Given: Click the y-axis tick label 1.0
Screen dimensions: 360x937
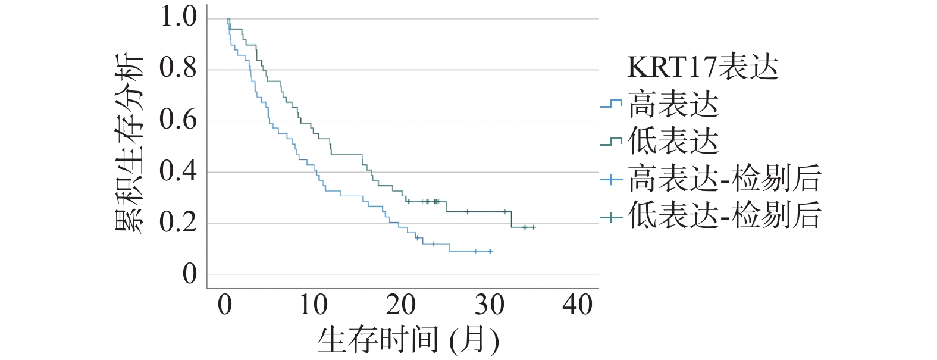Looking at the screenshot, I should (178, 17).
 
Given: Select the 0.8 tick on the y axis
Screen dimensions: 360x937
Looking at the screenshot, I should (178, 68).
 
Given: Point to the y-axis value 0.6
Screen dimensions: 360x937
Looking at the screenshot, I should (178, 120).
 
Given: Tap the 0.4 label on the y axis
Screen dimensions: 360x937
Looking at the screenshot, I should (178, 171).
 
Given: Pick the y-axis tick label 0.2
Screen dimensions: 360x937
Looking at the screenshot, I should (178, 223).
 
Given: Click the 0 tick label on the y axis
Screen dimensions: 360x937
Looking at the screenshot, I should (189, 274).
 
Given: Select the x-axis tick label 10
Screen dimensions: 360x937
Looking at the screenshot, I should (313, 305).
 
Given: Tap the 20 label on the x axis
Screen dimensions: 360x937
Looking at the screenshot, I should (401, 305).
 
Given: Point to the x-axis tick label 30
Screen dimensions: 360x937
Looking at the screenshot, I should (489, 305).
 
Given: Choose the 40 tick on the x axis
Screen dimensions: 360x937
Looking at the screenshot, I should (577, 305).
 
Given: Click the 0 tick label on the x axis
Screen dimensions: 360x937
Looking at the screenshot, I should (225, 305).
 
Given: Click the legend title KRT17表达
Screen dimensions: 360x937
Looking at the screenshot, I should (703, 68).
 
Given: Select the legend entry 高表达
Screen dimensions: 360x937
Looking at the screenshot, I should (673, 105).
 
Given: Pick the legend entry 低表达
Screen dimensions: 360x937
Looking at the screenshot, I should (673, 142).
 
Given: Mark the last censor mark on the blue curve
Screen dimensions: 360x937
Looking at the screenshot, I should (490, 252).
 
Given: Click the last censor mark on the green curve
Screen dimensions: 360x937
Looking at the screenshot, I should (533, 227).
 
